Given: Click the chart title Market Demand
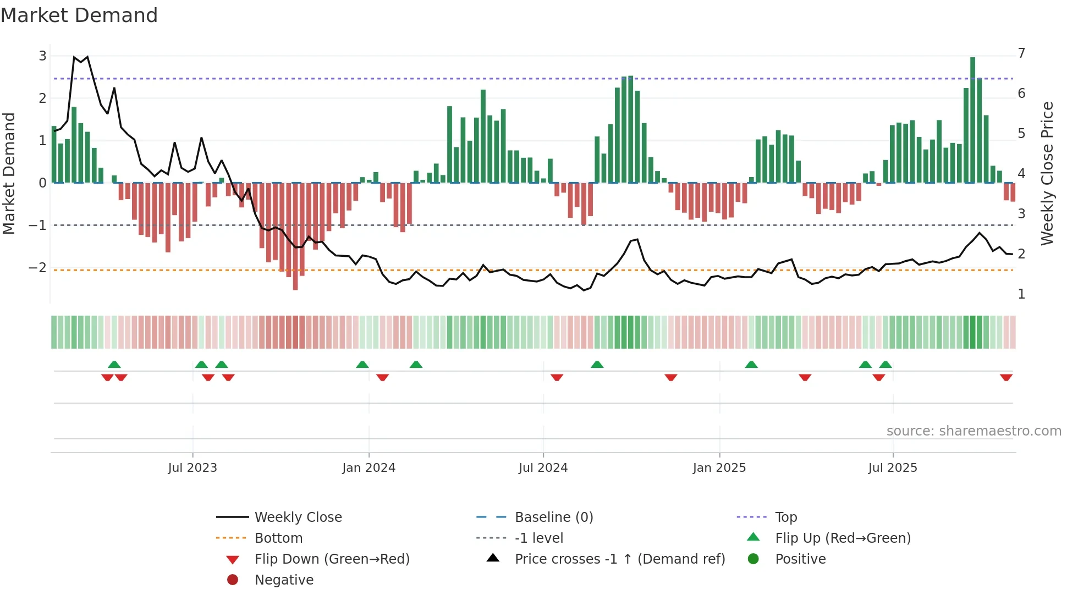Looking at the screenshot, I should pyautogui.click(x=79, y=15).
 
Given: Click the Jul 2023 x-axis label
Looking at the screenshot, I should pyautogui.click(x=193, y=468).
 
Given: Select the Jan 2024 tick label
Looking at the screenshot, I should pyautogui.click(x=369, y=468).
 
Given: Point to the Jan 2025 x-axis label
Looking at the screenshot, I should pyautogui.click(x=719, y=468).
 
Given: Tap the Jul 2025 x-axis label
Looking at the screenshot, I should pyautogui.click(x=893, y=468).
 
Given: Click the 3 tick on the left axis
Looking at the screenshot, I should pyautogui.click(x=42, y=56).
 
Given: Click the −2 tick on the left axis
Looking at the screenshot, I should pyautogui.click(x=38, y=268).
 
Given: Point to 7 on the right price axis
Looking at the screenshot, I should pyautogui.click(x=1021, y=53).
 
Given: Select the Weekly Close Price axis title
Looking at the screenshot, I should pyautogui.click(x=1047, y=173).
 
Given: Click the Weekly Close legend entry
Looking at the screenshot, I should pyautogui.click(x=298, y=517).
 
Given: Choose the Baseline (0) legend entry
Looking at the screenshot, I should pyautogui.click(x=553, y=517).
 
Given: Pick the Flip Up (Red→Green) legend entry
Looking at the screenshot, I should pyautogui.click(x=843, y=538).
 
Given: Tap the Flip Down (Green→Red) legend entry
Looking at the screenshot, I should pyautogui.click(x=332, y=559).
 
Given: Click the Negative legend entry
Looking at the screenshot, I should pyautogui.click(x=284, y=580).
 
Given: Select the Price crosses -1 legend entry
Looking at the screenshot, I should pyautogui.click(x=619, y=559).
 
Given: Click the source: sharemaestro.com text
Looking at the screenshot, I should pyautogui.click(x=974, y=431).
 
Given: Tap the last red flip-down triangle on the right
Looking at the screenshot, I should pyautogui.click(x=1006, y=377).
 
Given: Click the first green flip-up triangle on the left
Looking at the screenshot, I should pyautogui.click(x=114, y=365).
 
